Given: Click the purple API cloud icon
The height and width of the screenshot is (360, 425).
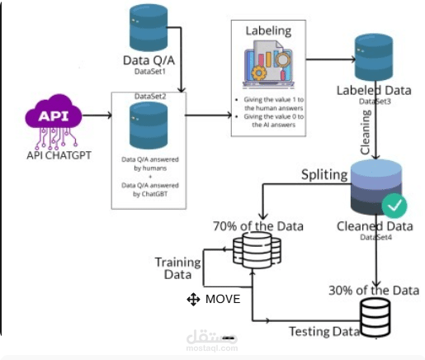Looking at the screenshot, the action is (54, 121).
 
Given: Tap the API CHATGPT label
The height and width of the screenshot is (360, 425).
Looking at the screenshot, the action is (59, 155).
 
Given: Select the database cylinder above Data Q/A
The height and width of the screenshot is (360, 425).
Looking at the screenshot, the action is (149, 28).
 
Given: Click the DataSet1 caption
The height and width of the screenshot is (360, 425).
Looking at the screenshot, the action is (150, 72).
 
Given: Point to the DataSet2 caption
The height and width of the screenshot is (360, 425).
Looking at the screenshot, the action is (150, 97).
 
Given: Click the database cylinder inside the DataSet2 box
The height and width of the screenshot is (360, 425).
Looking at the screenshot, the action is (149, 126).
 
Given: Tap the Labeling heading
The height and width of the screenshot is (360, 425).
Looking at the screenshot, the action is (268, 31).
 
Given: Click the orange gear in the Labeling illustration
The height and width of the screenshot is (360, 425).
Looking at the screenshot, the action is (259, 73).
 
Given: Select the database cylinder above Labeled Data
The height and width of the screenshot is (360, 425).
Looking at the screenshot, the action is (374, 57).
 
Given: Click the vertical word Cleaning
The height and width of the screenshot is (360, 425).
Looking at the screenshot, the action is (366, 132).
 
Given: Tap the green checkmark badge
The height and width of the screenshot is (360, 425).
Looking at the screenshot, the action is (394, 206).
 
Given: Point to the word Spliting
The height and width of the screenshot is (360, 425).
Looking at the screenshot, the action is (324, 174).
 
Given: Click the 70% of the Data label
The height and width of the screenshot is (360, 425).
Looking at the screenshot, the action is (258, 226).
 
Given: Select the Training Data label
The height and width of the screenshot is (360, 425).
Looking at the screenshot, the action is (177, 268).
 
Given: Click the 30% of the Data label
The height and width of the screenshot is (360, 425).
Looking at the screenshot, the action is (374, 291).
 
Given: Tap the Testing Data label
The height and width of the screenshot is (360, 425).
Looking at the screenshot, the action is (324, 331).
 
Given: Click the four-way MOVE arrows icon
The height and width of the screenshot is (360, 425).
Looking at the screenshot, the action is (193, 300).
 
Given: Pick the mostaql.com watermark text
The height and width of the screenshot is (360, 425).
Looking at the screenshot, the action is (212, 348).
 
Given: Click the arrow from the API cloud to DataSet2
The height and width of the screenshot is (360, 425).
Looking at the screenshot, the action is (97, 115).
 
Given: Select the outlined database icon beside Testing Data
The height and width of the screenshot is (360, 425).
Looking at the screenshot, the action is (375, 317).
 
